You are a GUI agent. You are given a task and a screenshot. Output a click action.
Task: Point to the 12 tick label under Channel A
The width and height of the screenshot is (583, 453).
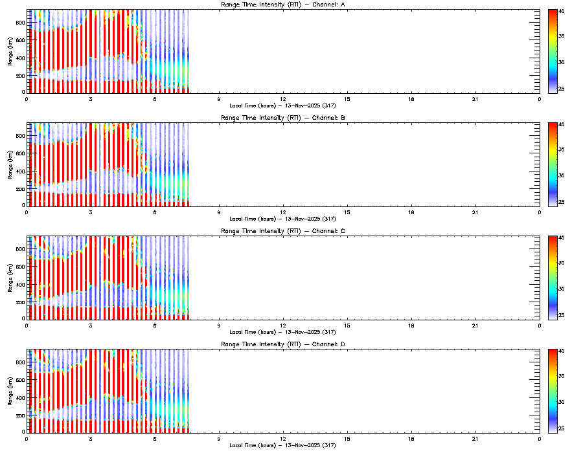pos(283,98)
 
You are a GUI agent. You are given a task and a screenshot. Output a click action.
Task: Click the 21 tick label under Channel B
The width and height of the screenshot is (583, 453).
pos(475,212)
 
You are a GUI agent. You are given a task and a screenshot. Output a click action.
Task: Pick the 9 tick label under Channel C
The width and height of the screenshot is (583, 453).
pos(219,325)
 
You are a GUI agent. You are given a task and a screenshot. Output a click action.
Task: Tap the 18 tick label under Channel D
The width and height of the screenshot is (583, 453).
pos(411,438)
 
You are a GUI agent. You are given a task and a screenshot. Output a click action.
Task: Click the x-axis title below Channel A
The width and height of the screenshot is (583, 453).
pos(282,105)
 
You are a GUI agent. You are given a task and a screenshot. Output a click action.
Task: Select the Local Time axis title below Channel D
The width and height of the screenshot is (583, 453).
pos(282,445)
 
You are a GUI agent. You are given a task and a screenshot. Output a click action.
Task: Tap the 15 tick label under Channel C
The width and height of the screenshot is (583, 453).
pos(347,325)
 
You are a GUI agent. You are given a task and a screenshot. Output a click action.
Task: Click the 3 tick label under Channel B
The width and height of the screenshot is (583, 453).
pos(91,212)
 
